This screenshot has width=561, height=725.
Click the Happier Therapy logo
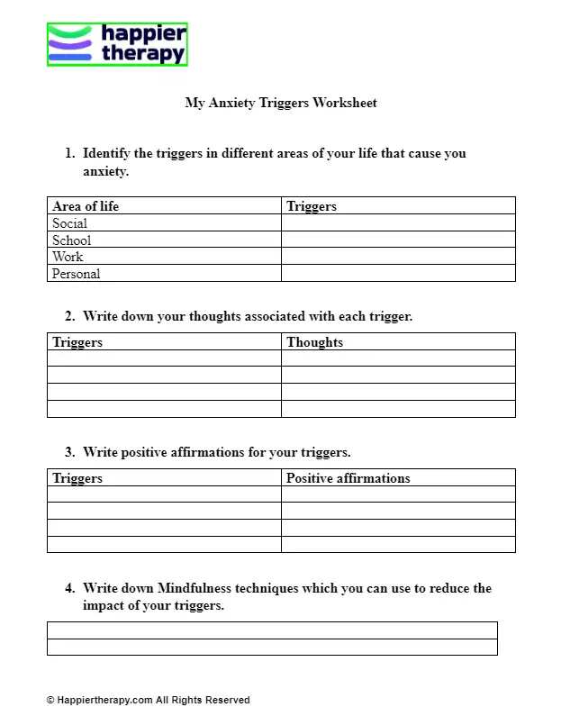(117, 45)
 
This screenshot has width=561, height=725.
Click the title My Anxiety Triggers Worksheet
(281, 103)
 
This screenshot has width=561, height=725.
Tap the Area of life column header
(86, 206)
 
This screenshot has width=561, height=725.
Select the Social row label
(69, 223)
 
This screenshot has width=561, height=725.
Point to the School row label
(72, 240)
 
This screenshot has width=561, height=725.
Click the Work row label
(68, 257)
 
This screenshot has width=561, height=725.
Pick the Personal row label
(77, 274)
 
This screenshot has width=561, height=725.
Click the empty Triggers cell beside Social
(398, 223)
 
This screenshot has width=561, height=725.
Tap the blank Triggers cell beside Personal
(398, 274)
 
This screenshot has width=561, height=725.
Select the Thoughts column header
(315, 342)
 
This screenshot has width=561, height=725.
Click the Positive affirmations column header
(348, 478)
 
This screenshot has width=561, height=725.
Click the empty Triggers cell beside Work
(398, 257)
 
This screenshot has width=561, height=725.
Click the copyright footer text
(149, 700)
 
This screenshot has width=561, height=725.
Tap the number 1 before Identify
(69, 153)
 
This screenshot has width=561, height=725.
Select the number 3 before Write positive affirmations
(69, 452)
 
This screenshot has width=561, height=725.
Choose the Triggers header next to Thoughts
(77, 342)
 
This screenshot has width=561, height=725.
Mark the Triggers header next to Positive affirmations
(77, 478)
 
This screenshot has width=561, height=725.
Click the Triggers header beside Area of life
(312, 206)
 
